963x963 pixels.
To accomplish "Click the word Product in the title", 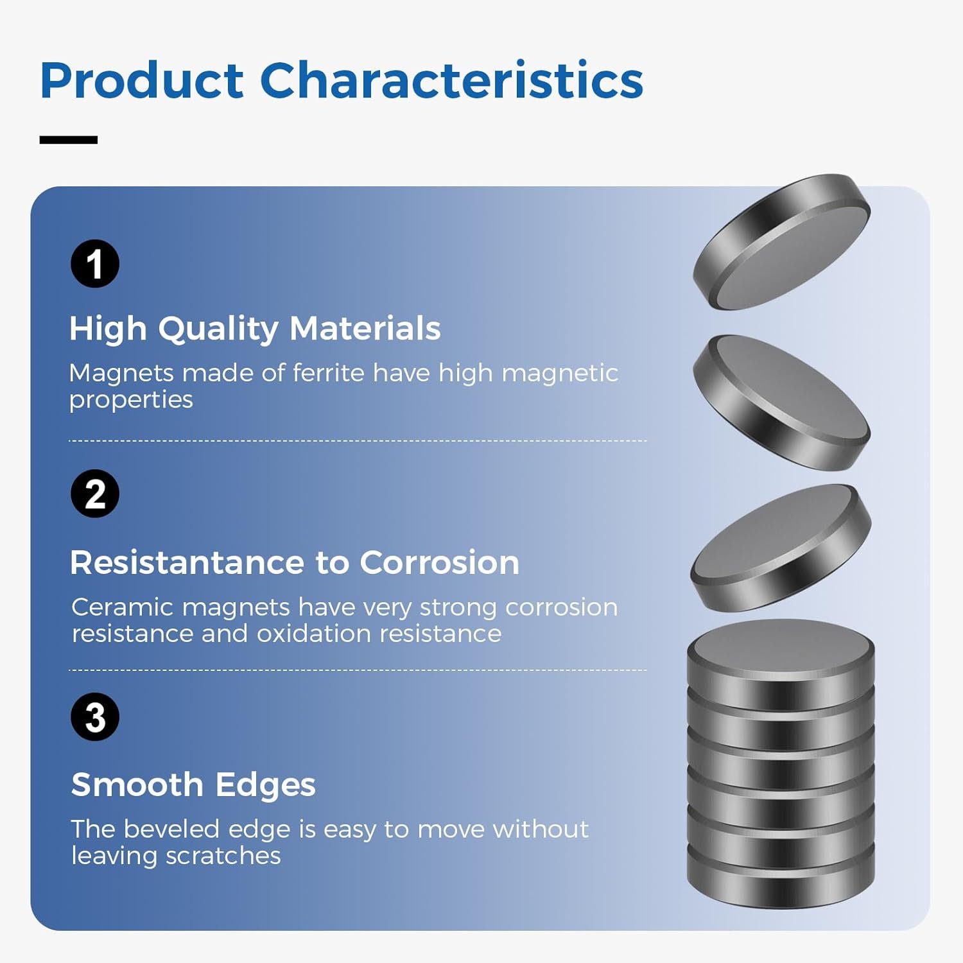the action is (x=142, y=80).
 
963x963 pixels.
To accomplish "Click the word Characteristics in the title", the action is (x=451, y=80).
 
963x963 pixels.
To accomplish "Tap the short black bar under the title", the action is (x=69, y=139).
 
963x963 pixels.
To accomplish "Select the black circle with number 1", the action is (x=95, y=263).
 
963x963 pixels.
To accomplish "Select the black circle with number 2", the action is (x=95, y=494).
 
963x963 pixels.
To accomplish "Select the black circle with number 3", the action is (x=95, y=716).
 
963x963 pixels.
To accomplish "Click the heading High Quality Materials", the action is (x=255, y=329).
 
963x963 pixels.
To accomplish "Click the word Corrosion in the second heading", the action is (x=439, y=562).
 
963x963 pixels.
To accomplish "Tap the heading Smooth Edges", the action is (x=193, y=785).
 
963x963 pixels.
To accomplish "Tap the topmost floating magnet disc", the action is (x=782, y=242).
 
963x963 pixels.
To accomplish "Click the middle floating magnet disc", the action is (x=782, y=403).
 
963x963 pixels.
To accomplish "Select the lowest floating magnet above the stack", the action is (x=781, y=548).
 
